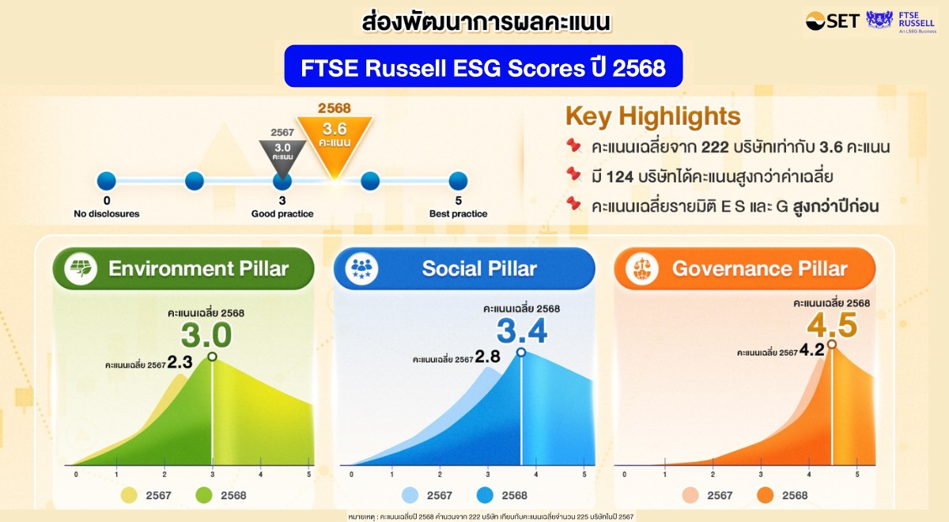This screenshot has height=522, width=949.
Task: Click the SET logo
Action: tap(832, 21)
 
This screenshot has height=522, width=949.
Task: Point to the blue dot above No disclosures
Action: tap(106, 181)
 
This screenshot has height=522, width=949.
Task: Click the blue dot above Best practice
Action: tap(458, 181)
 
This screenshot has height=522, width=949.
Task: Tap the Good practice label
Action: tap(282, 214)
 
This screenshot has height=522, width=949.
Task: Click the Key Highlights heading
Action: tap(653, 115)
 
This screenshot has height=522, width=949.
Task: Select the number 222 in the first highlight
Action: tap(715, 147)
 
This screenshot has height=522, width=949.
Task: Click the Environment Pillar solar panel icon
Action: tap(81, 269)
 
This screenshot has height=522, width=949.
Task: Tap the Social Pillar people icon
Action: tap(361, 269)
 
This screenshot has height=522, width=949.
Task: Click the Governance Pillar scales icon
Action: tap(642, 269)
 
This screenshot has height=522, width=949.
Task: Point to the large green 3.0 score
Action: tap(206, 335)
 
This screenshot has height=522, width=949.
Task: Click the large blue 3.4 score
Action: tap(522, 331)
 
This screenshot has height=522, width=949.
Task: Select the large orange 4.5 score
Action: tap(832, 325)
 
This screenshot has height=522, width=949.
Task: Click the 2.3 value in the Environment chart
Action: tap(180, 362)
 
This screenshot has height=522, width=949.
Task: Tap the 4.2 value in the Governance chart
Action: tap(811, 350)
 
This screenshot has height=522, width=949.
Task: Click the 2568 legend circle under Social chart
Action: tap(485, 495)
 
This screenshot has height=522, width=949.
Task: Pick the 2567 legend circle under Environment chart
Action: tap(129, 495)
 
